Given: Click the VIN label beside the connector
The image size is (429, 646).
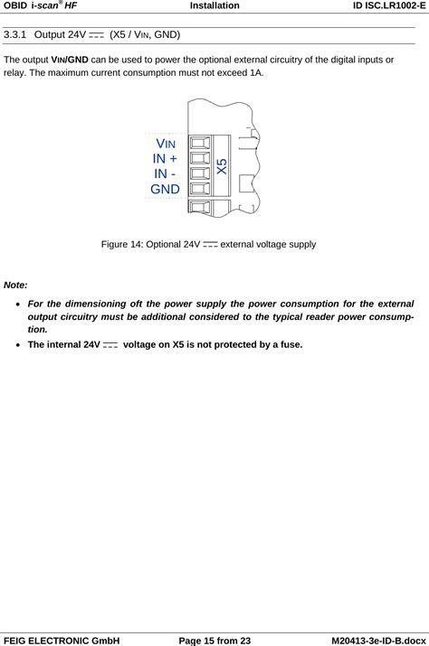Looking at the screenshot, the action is coord(166,145).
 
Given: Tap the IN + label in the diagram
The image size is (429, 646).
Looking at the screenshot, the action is coord(165,159).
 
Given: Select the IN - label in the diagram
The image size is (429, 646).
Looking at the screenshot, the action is coord(165,173).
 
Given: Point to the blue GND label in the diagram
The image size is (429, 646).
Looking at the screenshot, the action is coord(165,189).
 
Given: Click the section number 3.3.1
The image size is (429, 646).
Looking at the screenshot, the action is coord(17,35).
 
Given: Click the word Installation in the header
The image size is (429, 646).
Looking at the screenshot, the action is coord(214,5).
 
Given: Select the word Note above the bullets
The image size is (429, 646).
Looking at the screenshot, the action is coord(15,285).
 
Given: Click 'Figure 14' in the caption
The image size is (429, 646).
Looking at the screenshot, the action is coord(124,244).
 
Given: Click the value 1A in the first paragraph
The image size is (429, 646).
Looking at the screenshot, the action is coord(257,72).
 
